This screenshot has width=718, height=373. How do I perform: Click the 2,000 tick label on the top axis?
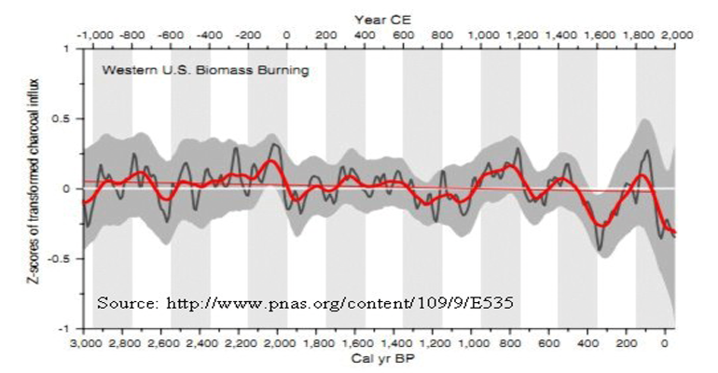click(664, 35)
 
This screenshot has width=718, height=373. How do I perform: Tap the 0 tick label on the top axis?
click(286, 35)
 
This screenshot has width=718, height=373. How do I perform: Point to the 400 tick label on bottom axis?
click(588, 342)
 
